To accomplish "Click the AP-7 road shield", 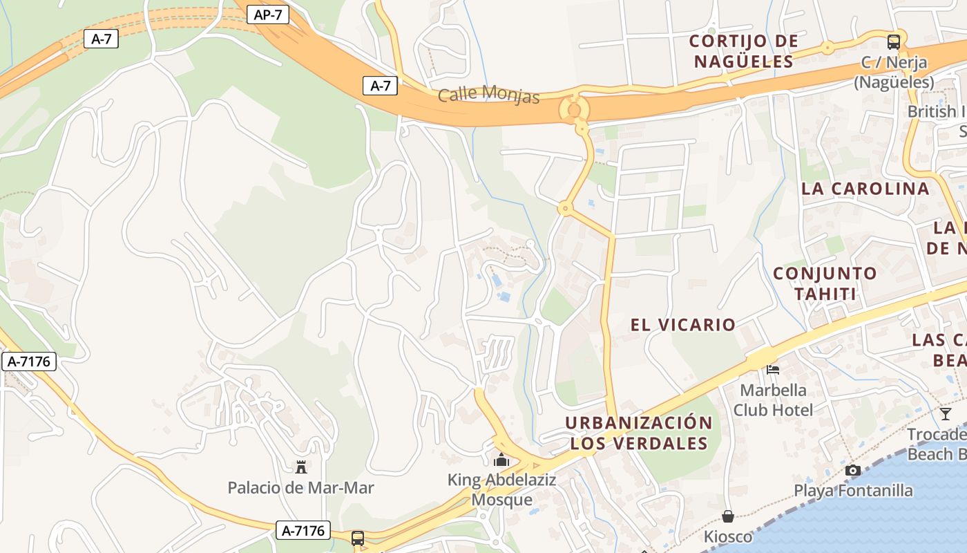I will pos(267,14).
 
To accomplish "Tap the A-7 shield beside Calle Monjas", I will pos(380,86).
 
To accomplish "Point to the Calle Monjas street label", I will pos(489,93).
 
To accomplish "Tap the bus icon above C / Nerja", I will pos(894,41).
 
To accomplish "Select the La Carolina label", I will pos(865,189).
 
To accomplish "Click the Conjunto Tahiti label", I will pos(825,283).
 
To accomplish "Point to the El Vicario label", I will pos(682,324).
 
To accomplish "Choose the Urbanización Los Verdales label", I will pos(639,433).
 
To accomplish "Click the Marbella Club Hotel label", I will pos(773,400).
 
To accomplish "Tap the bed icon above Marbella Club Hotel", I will pos(773,369).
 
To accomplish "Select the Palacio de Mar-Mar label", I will pos(300,488).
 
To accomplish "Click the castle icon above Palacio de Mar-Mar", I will pos(300,467).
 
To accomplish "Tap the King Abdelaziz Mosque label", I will pos(501,489).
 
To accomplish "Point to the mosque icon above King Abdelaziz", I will pos(501,460).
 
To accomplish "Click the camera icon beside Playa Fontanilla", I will pos(852,471).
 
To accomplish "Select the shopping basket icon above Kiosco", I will pos(728,516).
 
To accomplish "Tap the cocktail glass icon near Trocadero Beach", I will pos(945,414).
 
